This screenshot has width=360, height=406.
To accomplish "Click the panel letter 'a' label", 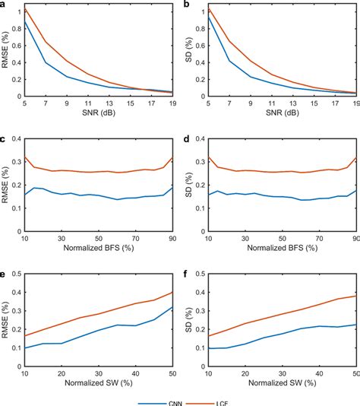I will (x=5, y=5).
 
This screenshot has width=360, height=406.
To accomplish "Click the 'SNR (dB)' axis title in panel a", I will (x=98, y=114).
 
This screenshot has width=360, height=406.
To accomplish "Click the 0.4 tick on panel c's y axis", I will (x=16, y=139).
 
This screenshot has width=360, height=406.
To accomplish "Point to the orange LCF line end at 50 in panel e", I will (x=172, y=292).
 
